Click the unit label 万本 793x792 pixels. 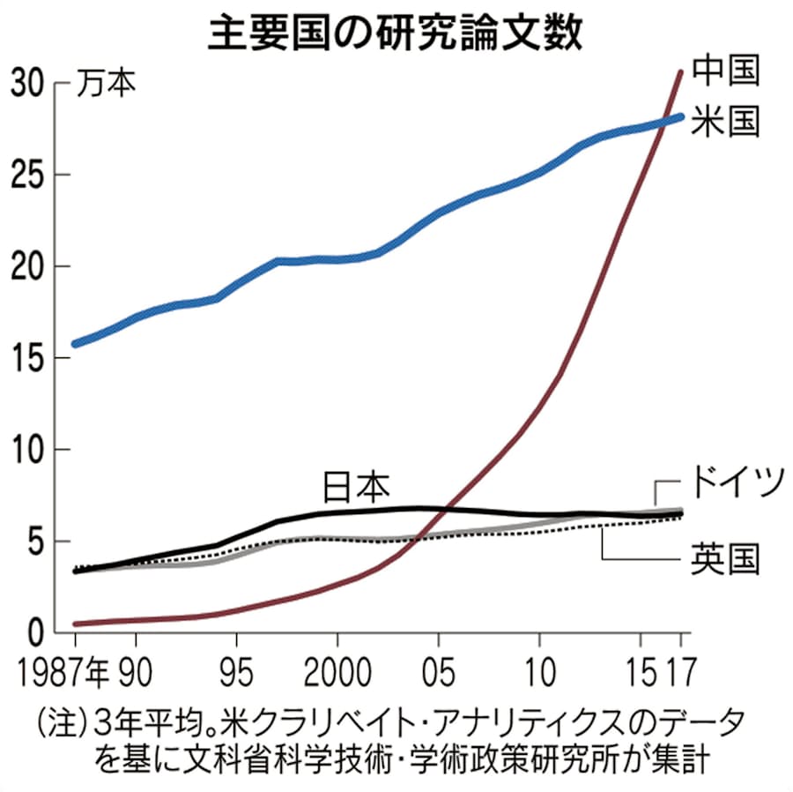tap(105, 84)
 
